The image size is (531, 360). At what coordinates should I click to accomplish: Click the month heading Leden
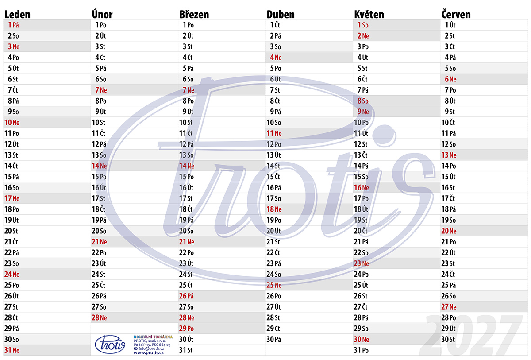pyautogui.click(x=18, y=15)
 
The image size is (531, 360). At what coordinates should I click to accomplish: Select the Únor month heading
pyautogui.click(x=102, y=14)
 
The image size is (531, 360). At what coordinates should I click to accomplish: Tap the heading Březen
pyautogui.click(x=194, y=15)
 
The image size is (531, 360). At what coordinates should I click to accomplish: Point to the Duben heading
pyautogui.click(x=281, y=15)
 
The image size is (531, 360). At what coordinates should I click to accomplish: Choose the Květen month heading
pyautogui.click(x=369, y=15)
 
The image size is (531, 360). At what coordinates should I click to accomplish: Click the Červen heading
pyautogui.click(x=456, y=14)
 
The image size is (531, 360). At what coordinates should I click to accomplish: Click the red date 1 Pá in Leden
pyautogui.click(x=13, y=25)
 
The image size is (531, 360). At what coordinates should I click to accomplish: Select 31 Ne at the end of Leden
pyautogui.click(x=12, y=350)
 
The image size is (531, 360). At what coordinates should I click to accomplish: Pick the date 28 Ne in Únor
pyautogui.click(x=99, y=317)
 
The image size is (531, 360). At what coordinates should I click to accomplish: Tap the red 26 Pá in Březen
pyautogui.click(x=187, y=296)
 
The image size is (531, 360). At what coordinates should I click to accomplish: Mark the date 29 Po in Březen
pyautogui.click(x=187, y=329)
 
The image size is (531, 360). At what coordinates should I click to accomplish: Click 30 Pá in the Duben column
pyautogui.click(x=274, y=339)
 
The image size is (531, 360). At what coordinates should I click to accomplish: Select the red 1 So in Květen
pyautogui.click(x=363, y=25)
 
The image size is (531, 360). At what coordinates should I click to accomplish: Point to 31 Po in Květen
pyautogui.click(x=361, y=350)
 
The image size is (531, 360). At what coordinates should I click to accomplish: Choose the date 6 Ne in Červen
pyautogui.click(x=450, y=79)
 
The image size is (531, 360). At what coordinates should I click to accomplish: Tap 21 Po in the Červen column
pyautogui.click(x=449, y=242)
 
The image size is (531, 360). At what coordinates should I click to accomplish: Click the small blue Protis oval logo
pyautogui.click(x=110, y=345)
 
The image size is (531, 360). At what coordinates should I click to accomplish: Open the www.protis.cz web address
pyautogui.click(x=149, y=352)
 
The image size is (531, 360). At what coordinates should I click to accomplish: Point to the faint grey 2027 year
pyautogui.click(x=471, y=335)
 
